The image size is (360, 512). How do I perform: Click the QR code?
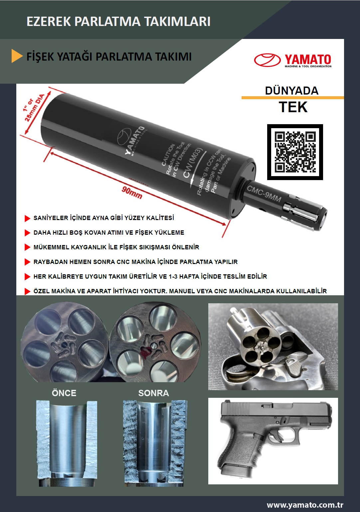click(295, 152)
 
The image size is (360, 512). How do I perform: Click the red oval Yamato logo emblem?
click(267, 60)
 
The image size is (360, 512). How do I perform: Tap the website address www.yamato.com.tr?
click(305, 505)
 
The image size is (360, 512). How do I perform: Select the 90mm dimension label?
click(132, 192)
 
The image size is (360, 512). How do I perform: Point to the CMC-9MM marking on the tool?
click(264, 194)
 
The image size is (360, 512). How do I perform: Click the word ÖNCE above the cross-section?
click(64, 393)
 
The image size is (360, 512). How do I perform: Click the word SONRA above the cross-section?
click(153, 393)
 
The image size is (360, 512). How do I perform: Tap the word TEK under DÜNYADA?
click(293, 107)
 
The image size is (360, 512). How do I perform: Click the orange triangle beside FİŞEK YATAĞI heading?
click(17, 56)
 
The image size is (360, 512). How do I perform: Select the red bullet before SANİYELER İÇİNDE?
click(27, 218)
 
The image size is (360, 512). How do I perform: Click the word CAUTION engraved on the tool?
click(168, 155)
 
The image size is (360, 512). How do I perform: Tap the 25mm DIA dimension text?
click(34, 108)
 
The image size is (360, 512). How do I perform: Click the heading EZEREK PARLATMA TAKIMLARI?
click(118, 22)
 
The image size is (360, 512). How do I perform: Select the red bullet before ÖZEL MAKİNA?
click(27, 291)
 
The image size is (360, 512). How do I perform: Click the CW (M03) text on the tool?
click(193, 163)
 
